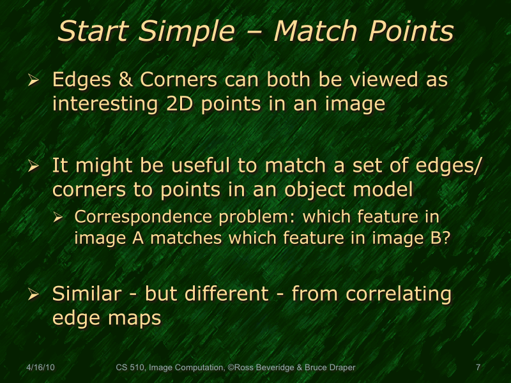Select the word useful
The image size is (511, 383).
210,166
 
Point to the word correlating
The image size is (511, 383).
399,294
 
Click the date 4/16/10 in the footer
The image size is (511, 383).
40,368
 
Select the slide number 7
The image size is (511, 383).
478,368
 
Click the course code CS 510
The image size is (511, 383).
130,368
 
